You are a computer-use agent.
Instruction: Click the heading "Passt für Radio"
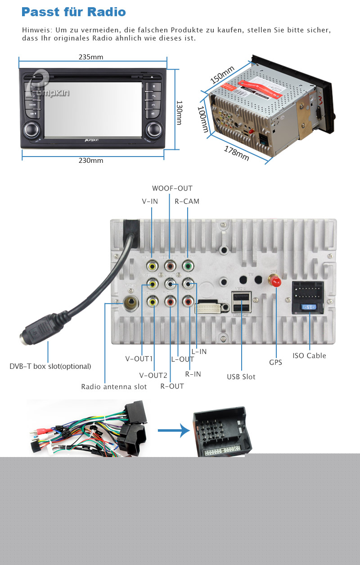[x=73, y=12]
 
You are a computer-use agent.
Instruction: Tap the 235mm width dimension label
[x=91, y=57]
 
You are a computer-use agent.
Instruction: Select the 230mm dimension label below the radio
[x=91, y=161]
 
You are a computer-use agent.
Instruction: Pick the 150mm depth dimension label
[x=222, y=75]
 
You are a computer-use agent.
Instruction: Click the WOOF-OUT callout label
[x=172, y=188]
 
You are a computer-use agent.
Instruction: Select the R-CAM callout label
[x=187, y=202]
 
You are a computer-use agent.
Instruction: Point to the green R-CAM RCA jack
[x=187, y=266]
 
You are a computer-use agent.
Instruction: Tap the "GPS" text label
[x=275, y=362]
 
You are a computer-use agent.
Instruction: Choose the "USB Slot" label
[x=241, y=377]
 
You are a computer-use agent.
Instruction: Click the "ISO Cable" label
[x=309, y=356]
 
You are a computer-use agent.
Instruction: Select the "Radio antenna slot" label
[x=114, y=387]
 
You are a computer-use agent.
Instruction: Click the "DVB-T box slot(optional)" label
[x=50, y=366]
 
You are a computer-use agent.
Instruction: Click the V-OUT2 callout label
[x=153, y=376]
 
